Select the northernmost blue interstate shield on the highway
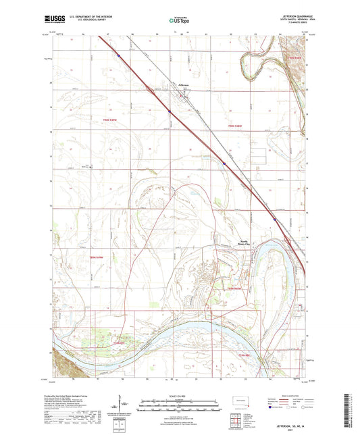coord(118,55)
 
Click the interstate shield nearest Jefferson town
coord(168,110)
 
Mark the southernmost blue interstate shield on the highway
coord(274,219)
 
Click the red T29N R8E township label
coord(242,354)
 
